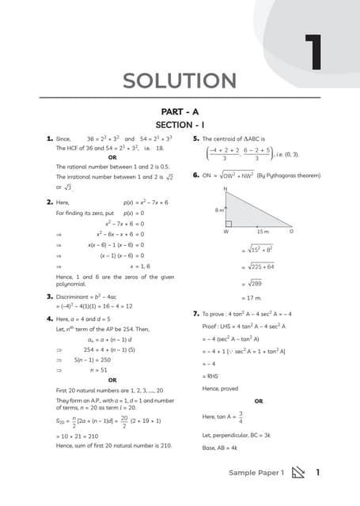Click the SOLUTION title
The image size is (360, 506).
point(180,81)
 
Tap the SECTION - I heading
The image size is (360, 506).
point(180,125)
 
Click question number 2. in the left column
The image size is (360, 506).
point(49,202)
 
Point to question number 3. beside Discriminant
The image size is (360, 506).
point(49,296)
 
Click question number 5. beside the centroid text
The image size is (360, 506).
point(195,138)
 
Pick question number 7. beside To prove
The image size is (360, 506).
point(195,314)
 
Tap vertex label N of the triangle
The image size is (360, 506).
point(225,190)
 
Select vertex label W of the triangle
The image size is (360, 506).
point(225,232)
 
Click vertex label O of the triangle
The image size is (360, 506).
point(290,232)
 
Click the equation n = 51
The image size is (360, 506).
point(100,369)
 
